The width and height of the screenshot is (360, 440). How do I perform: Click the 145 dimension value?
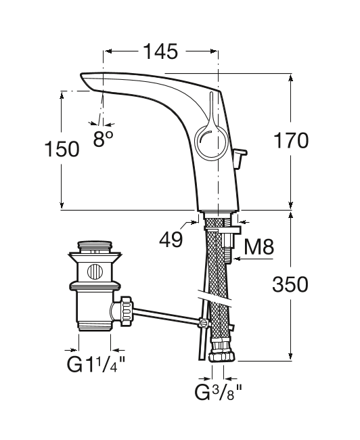click(x=160, y=51)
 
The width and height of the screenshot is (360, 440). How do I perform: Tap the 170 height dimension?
click(x=291, y=140)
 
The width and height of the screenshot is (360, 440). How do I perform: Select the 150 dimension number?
click(x=62, y=149)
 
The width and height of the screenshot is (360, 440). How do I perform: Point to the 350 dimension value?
click(x=290, y=284)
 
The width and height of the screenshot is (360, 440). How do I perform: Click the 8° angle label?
click(x=104, y=138)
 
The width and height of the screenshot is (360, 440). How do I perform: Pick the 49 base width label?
click(x=171, y=240)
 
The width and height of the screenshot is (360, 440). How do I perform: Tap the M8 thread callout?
click(x=258, y=246)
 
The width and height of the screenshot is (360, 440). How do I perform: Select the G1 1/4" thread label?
click(x=95, y=364)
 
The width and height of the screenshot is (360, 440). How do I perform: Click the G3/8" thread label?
click(x=219, y=393)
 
